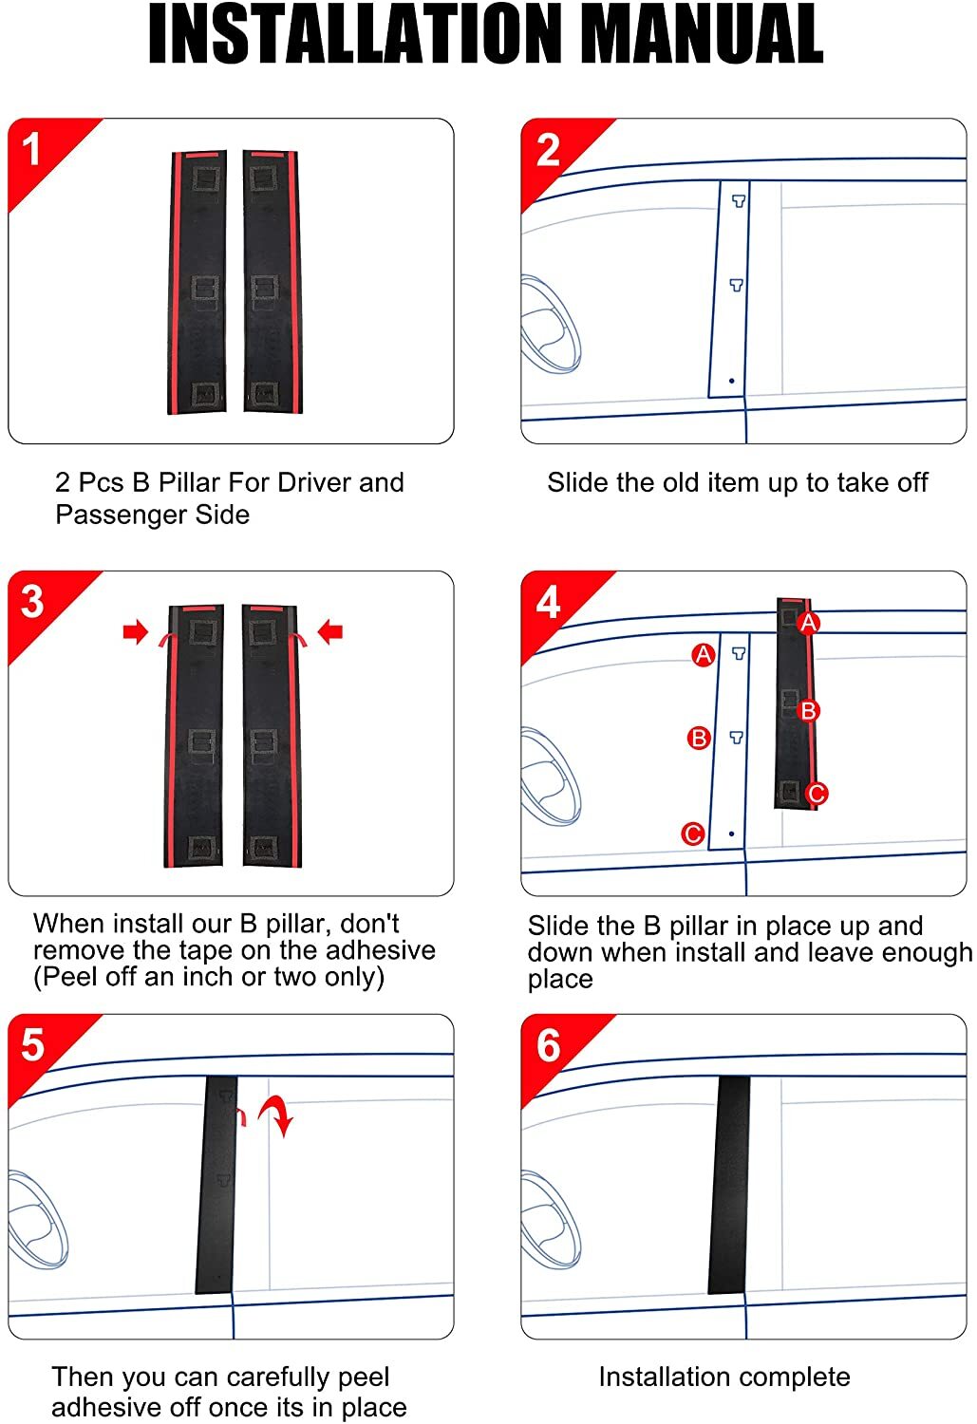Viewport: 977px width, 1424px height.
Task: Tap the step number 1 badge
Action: click(x=32, y=149)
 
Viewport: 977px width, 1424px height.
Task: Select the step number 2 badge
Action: click(x=548, y=150)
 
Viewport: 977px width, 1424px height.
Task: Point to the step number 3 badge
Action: click(x=32, y=602)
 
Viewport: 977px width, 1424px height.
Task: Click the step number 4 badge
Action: click(x=548, y=603)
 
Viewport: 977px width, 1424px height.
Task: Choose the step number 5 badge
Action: click(x=32, y=1045)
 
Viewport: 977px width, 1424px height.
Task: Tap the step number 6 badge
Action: click(x=548, y=1045)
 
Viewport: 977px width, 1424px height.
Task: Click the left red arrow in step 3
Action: click(x=136, y=631)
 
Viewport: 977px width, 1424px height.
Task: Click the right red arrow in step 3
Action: click(x=329, y=631)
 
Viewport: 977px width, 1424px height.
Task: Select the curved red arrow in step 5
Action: click(x=277, y=1115)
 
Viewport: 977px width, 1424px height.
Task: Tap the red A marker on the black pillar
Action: click(x=808, y=623)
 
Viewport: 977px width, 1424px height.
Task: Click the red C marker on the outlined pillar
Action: click(x=693, y=834)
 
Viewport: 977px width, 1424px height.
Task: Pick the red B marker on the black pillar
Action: click(x=808, y=710)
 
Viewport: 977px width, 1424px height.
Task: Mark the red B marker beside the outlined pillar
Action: click(x=699, y=738)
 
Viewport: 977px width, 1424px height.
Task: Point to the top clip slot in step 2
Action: click(x=738, y=200)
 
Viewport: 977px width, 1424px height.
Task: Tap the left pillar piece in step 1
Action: click(x=197, y=282)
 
